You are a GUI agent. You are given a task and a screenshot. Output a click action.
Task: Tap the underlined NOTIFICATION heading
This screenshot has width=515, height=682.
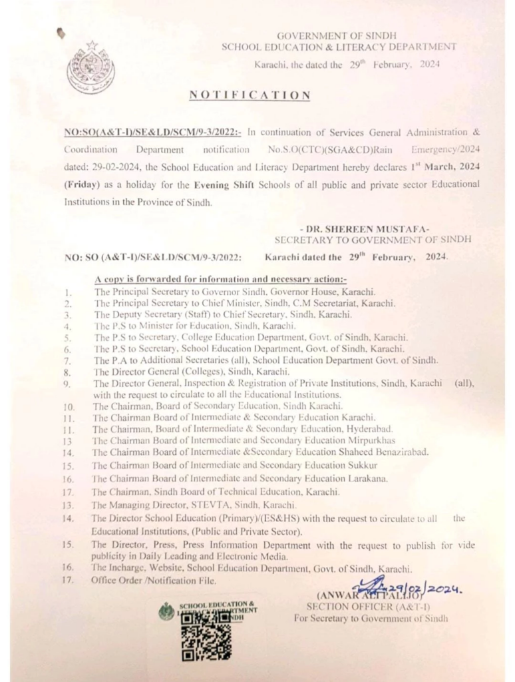click(250, 95)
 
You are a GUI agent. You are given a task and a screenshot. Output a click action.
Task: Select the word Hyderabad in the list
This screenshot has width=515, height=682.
click(369, 429)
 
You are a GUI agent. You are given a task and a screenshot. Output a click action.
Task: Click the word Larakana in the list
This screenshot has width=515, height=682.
click(368, 478)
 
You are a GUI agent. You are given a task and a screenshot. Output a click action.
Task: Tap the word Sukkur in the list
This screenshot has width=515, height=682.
click(363, 465)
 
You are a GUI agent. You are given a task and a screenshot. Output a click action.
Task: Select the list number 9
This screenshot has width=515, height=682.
click(68, 384)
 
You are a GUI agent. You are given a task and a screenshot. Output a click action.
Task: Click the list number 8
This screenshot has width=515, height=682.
click(68, 372)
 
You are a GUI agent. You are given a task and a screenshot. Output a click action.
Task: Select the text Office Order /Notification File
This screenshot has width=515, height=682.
click(154, 581)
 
